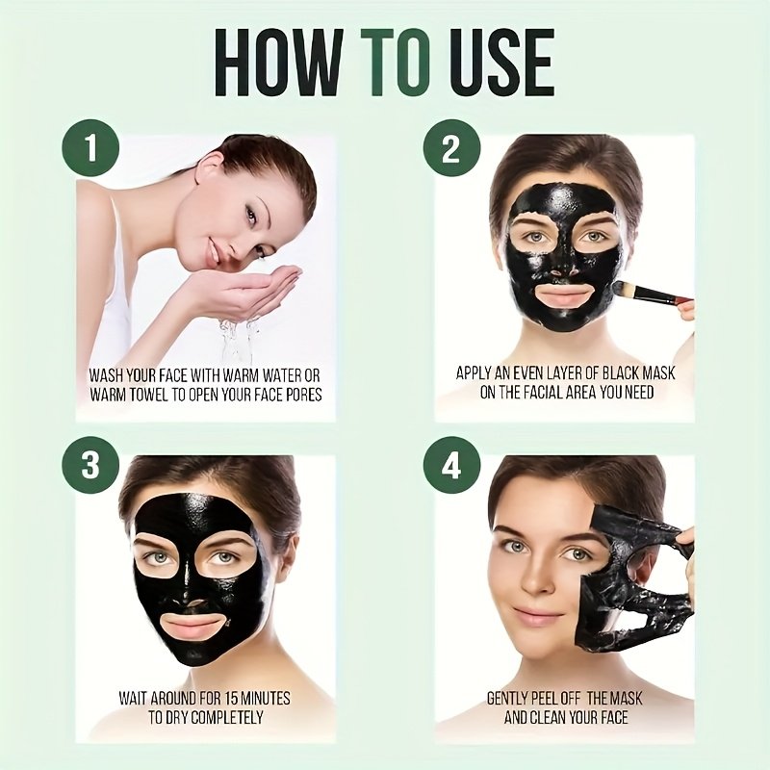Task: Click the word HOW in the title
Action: coord(280,62)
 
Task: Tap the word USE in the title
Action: coord(500,62)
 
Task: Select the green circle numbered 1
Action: coord(90,148)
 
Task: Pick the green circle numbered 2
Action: coord(451,148)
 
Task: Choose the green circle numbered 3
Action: coord(90,465)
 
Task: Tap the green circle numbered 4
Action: coord(451,465)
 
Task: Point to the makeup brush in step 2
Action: coord(649,293)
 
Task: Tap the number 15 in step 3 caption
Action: coord(234,698)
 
